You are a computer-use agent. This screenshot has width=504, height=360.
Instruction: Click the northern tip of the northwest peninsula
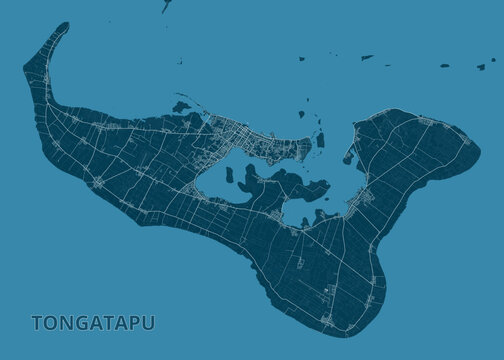tap(65, 24)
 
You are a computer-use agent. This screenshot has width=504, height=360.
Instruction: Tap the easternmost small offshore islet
tap(480, 67)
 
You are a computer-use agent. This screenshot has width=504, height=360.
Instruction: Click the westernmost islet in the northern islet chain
tap(301, 59)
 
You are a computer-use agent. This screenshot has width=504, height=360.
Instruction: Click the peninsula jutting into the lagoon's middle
tap(280, 183)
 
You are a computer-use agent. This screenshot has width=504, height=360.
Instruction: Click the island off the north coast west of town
tap(180, 106)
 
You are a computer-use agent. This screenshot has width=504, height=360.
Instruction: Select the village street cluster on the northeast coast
tap(425, 122)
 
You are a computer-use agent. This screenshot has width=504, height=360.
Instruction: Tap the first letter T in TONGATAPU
tap(37, 324)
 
